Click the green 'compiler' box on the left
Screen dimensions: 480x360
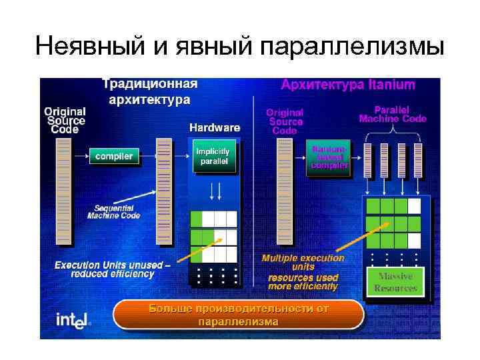pyautogui.click(x=114, y=157)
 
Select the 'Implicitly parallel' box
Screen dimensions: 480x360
pyautogui.click(x=212, y=157)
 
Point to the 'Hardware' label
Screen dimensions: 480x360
pyautogui.click(x=215, y=127)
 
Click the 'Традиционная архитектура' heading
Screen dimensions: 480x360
pyautogui.click(x=149, y=92)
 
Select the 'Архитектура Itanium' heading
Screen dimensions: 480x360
pyautogui.click(x=347, y=85)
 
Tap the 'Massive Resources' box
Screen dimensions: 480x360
pyautogui.click(x=395, y=283)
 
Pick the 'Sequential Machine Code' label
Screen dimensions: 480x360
pyautogui.click(x=116, y=212)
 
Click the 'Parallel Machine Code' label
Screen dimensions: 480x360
pyautogui.click(x=393, y=114)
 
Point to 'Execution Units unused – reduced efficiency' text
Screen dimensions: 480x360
pyautogui.click(x=113, y=269)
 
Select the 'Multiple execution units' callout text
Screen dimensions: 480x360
pyautogui.click(x=303, y=262)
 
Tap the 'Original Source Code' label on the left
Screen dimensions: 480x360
pyautogui.click(x=65, y=121)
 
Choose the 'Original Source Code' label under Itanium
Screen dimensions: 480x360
pyautogui.click(x=285, y=122)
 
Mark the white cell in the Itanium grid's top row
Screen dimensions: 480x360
pyautogui.click(x=414, y=205)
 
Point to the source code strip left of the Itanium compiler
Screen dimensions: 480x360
pyautogui.click(x=285, y=193)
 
